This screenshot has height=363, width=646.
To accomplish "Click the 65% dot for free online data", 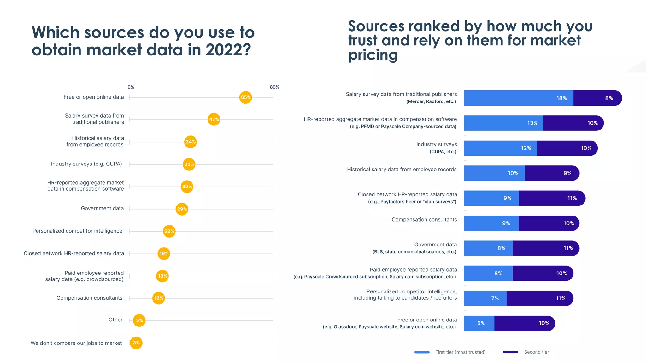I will [x=245, y=97].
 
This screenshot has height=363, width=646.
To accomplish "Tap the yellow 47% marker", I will [x=214, y=119].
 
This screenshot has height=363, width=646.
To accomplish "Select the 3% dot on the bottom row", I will [x=136, y=343].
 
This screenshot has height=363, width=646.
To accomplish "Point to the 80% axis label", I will [x=274, y=87].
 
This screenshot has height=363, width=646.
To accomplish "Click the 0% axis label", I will [x=131, y=87].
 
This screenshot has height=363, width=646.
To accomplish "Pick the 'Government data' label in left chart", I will [x=102, y=208].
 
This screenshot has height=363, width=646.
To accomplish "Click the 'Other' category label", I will [x=115, y=320].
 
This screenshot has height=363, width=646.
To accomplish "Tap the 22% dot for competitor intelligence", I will [x=169, y=231].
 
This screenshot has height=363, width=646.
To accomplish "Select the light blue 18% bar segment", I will [x=518, y=98].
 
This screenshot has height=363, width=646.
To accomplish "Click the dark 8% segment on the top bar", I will [x=597, y=98].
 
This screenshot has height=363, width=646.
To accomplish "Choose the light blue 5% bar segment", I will [x=479, y=323].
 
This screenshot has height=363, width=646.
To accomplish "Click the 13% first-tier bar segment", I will [x=503, y=123].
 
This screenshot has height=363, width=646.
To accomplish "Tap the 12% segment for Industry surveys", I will [x=500, y=148].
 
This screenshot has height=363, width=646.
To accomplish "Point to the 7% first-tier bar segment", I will [x=485, y=298].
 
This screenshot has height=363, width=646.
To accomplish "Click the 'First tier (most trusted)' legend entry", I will [x=460, y=352].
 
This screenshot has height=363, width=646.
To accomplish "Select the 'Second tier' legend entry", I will [x=536, y=352].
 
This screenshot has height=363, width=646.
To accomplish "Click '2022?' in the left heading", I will [x=228, y=50].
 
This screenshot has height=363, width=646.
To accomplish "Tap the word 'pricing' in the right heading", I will [x=373, y=55].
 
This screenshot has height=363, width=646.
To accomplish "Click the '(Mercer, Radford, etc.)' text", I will [x=431, y=101].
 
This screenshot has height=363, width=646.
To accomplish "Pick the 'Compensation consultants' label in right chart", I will [x=424, y=219].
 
